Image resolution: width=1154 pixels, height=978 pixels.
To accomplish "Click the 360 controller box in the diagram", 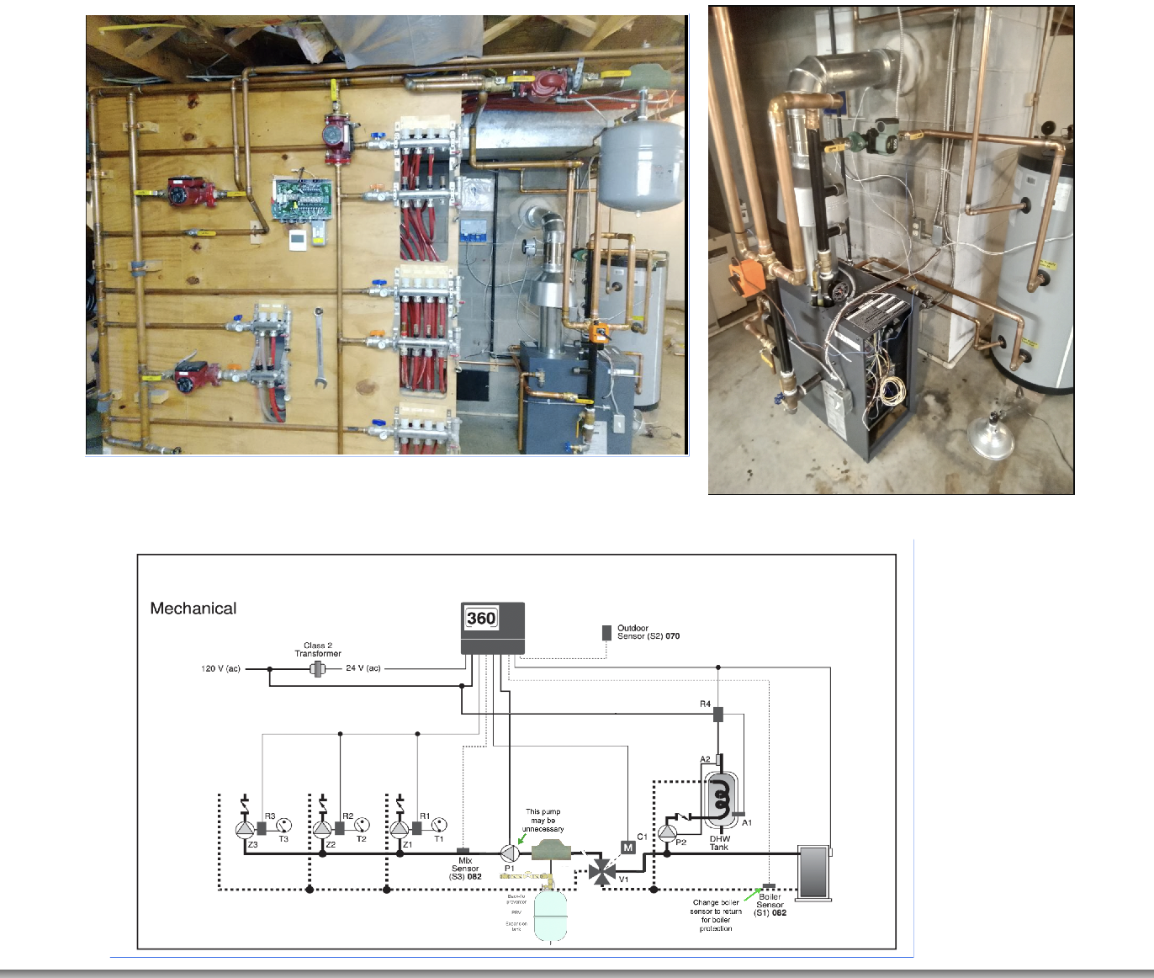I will point(493,627).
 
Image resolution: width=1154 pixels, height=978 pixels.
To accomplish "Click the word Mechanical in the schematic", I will point(193,609).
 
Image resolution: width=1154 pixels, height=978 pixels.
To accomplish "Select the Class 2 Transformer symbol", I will point(318,669).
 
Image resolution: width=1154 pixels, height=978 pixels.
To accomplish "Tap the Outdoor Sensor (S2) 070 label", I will point(648,632).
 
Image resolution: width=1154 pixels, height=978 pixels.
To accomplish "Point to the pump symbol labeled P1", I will point(510,853).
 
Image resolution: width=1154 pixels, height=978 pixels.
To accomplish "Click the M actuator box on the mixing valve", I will point(627,848).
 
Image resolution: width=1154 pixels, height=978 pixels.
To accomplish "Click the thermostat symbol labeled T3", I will point(284,826).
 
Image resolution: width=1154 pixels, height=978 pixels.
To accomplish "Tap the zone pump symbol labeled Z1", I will point(400,829).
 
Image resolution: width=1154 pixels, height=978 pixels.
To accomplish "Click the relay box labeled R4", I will point(718,715).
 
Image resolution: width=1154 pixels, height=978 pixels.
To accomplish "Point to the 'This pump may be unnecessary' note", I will point(543,821).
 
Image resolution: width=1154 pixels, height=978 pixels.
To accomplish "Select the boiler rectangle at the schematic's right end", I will point(814,873).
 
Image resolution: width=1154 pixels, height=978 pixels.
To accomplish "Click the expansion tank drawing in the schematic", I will point(550,916).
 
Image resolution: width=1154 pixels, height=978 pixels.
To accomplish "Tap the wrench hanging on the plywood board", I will point(319,347).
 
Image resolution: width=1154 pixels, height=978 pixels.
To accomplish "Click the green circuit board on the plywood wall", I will point(301,200).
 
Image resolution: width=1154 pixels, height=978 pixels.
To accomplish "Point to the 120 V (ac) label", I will point(220,669).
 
